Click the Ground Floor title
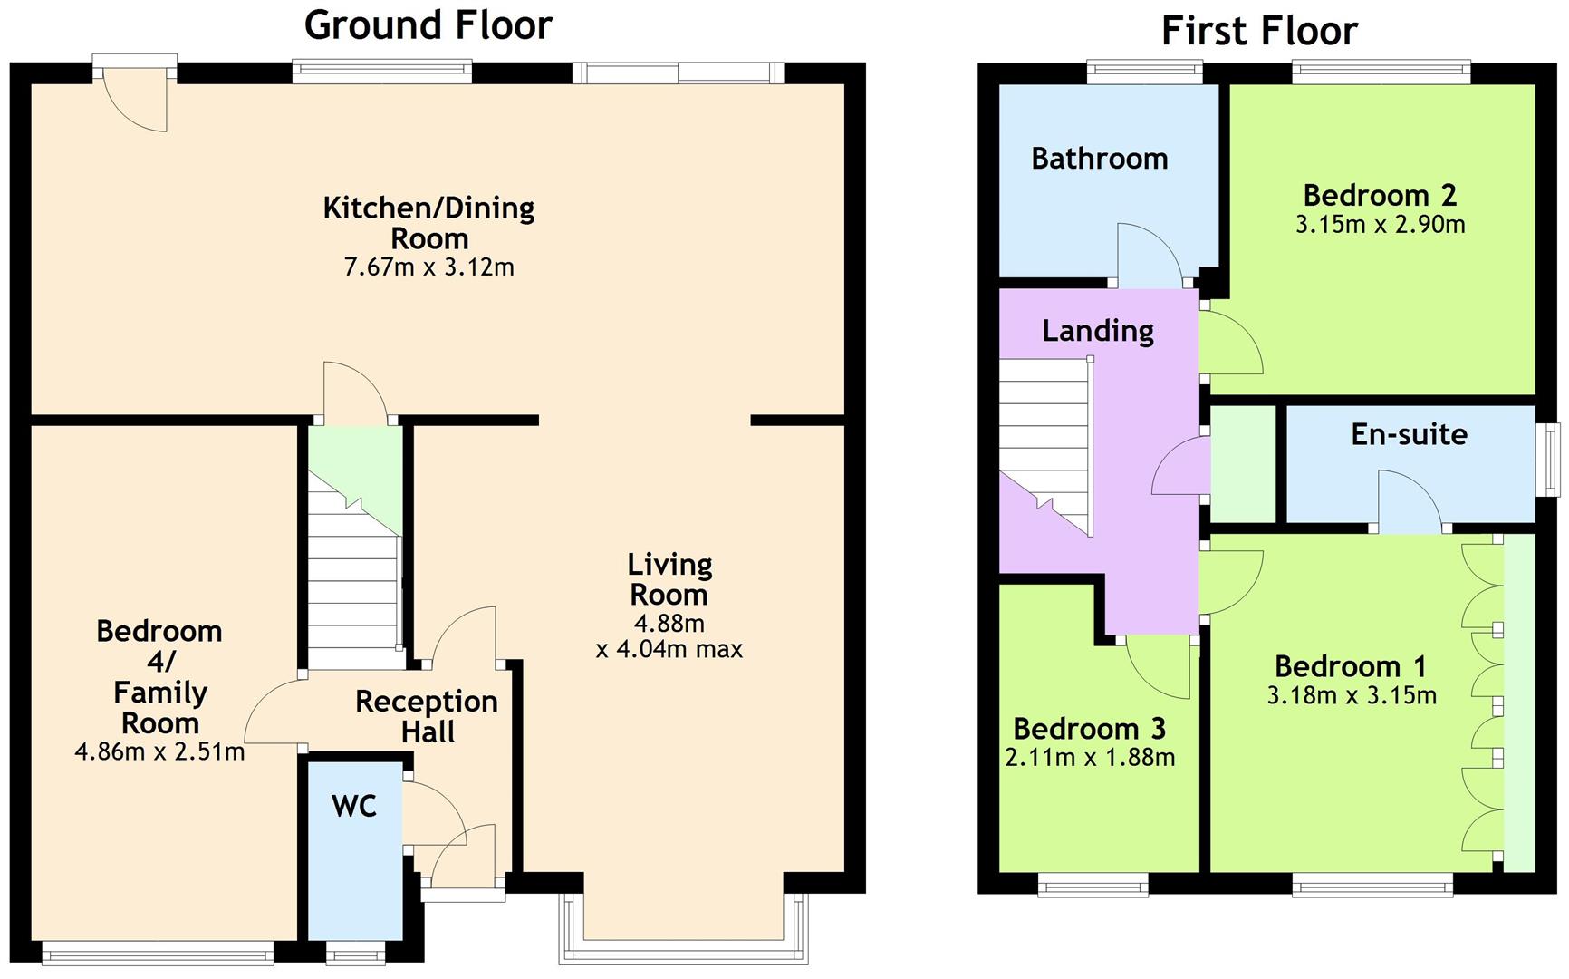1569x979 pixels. click(x=428, y=24)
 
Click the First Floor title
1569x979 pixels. click(x=1259, y=31)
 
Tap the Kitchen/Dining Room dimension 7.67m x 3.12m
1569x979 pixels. click(x=429, y=267)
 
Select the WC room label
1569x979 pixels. click(x=354, y=806)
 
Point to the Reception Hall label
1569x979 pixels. click(x=427, y=716)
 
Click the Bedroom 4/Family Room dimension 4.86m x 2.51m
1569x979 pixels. click(x=159, y=751)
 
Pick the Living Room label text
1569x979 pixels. click(x=669, y=579)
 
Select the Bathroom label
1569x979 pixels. click(x=1100, y=159)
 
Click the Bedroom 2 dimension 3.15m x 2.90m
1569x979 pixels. click(x=1380, y=225)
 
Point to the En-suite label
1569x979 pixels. click(x=1409, y=434)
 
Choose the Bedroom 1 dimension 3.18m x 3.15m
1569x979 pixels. click(x=1351, y=696)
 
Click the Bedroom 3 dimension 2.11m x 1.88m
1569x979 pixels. click(x=1090, y=757)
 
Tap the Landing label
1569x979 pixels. click(x=1098, y=331)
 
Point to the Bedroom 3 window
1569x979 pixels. click(x=1093, y=884)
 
